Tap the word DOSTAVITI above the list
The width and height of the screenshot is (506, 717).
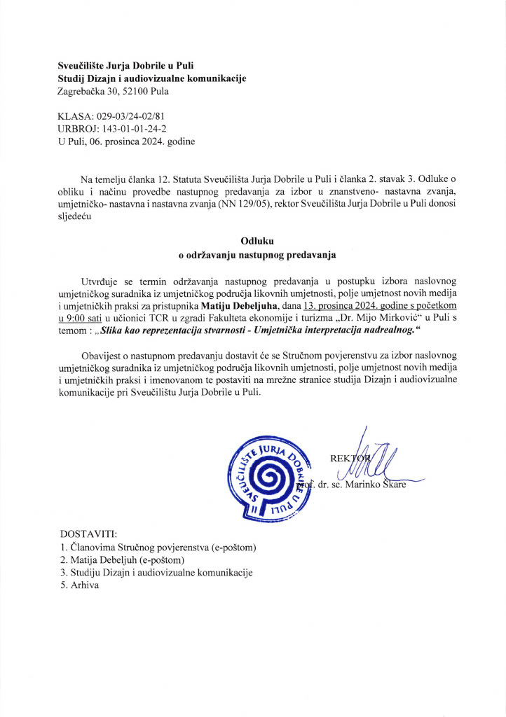pyautogui.click(x=89, y=534)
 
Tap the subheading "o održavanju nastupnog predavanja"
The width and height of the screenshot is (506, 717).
pyautogui.click(x=253, y=255)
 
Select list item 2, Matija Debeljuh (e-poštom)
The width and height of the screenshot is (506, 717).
pyautogui.click(x=122, y=559)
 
